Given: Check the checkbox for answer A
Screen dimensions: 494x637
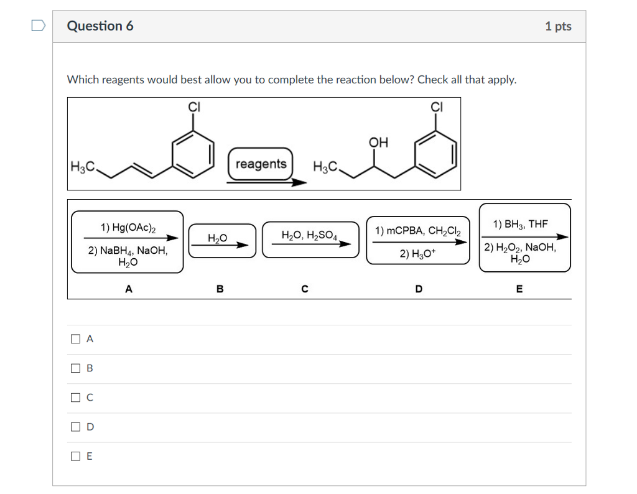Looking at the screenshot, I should pyautogui.click(x=75, y=339).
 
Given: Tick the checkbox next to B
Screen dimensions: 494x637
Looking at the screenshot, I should pyautogui.click(x=75, y=368).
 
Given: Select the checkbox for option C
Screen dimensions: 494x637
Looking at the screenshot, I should pyautogui.click(x=75, y=397).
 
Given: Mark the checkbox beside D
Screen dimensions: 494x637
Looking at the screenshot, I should pyautogui.click(x=75, y=427).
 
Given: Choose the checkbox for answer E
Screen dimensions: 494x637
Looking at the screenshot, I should pyautogui.click(x=75, y=456).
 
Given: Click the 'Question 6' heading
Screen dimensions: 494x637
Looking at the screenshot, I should pyautogui.click(x=100, y=26).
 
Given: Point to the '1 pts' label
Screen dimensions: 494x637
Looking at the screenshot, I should pyautogui.click(x=557, y=26).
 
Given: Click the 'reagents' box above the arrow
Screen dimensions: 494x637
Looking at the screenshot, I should pyautogui.click(x=261, y=164).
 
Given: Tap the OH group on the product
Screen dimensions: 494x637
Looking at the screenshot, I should pyautogui.click(x=378, y=142).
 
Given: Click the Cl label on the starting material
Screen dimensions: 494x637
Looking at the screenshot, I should pyautogui.click(x=195, y=106).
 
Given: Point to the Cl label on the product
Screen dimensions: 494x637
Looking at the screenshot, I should pyautogui.click(x=437, y=106).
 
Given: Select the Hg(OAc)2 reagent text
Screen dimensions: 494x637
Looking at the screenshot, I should pyautogui.click(x=128, y=228).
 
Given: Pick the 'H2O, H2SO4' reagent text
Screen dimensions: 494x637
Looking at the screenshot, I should pyautogui.click(x=309, y=235).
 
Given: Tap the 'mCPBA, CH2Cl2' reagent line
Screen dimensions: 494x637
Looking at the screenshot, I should pyautogui.click(x=418, y=231).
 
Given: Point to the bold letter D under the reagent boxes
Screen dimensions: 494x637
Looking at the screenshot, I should pyautogui.click(x=418, y=289).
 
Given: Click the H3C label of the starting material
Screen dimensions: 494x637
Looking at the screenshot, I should pyautogui.click(x=83, y=166).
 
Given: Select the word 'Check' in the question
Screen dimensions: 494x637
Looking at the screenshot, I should pyautogui.click(x=433, y=80).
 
